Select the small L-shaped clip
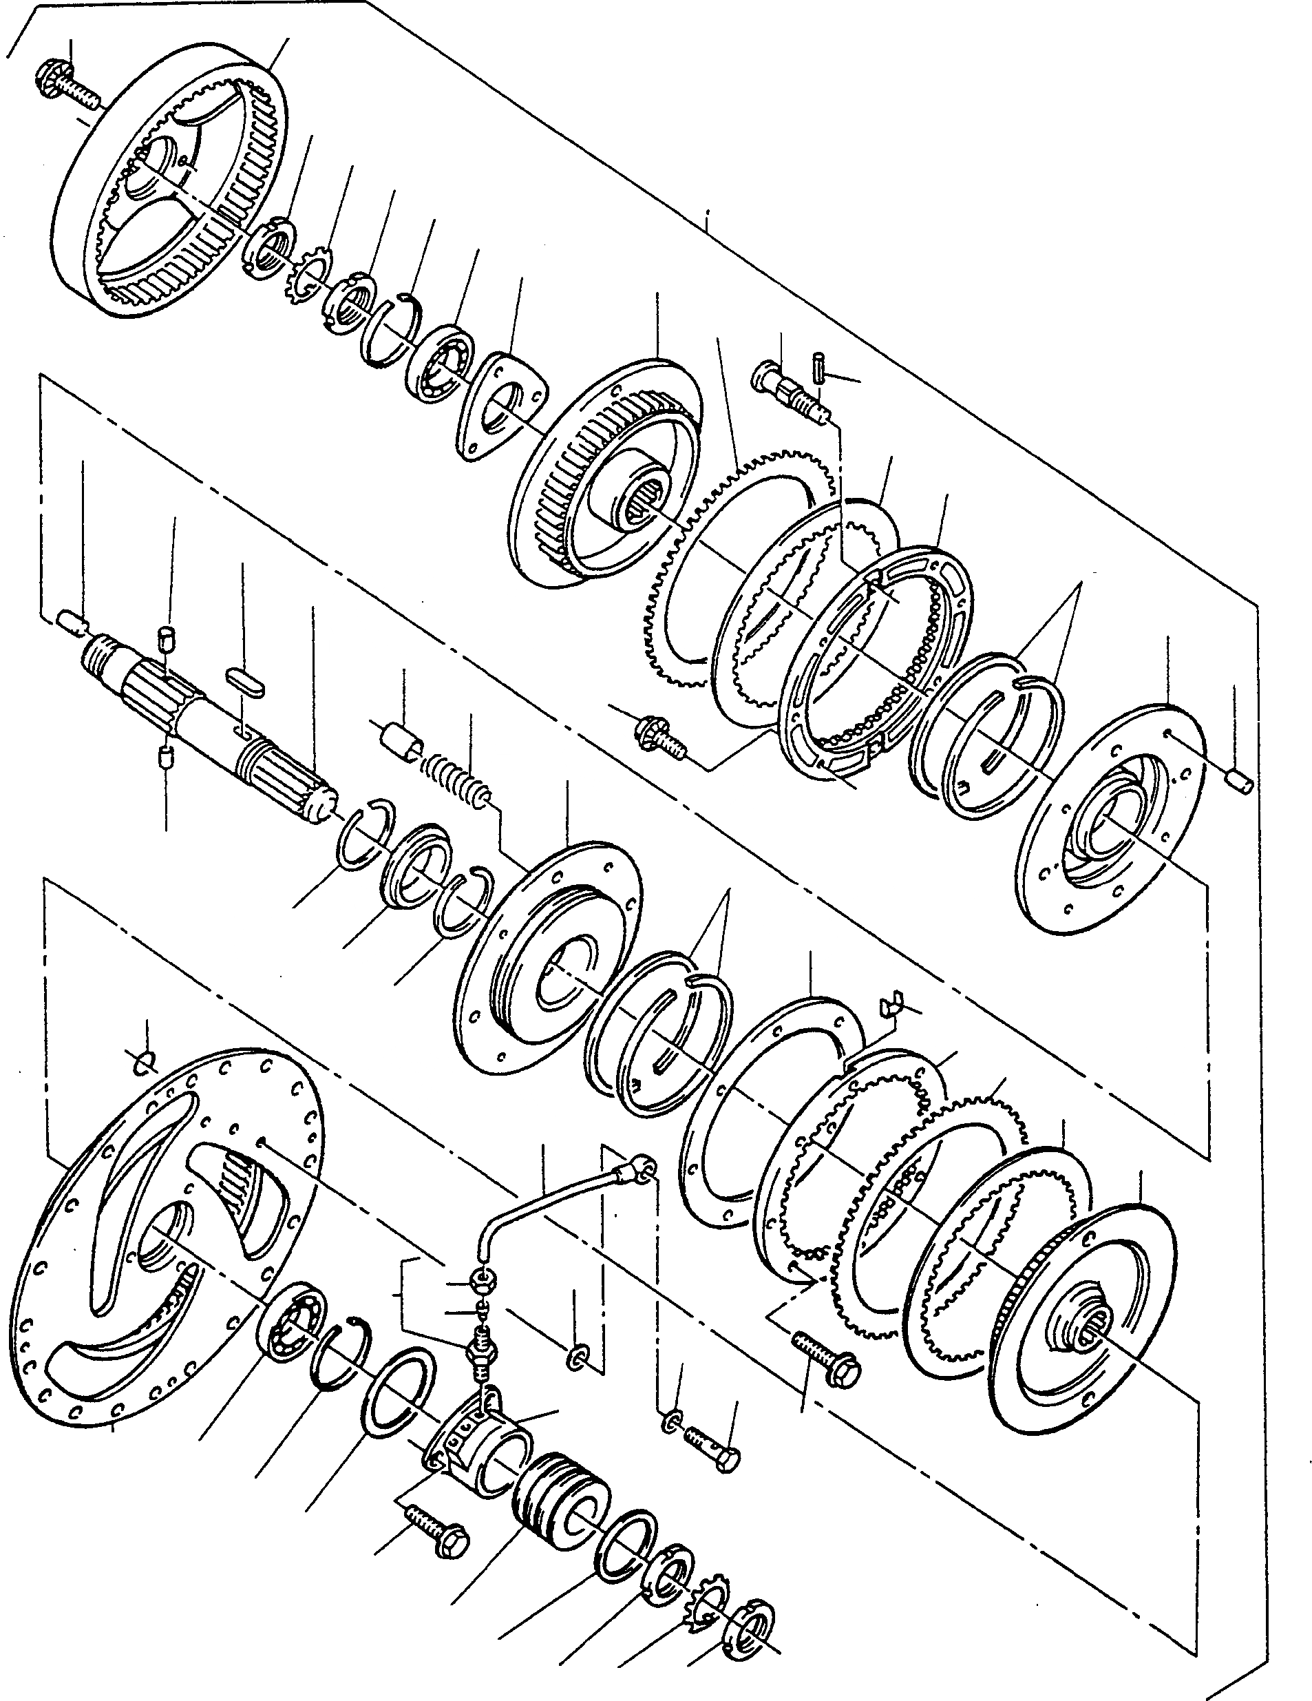click(889, 1005)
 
